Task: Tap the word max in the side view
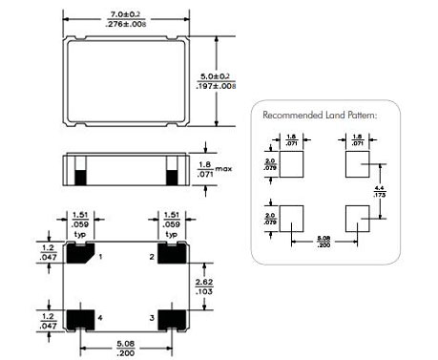coord(223,169)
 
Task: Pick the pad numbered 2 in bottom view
coord(172,253)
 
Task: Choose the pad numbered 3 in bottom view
coord(172,316)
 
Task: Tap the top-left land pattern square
coord(292,164)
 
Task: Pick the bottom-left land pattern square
coord(292,218)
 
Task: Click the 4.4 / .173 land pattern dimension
coord(381,191)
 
